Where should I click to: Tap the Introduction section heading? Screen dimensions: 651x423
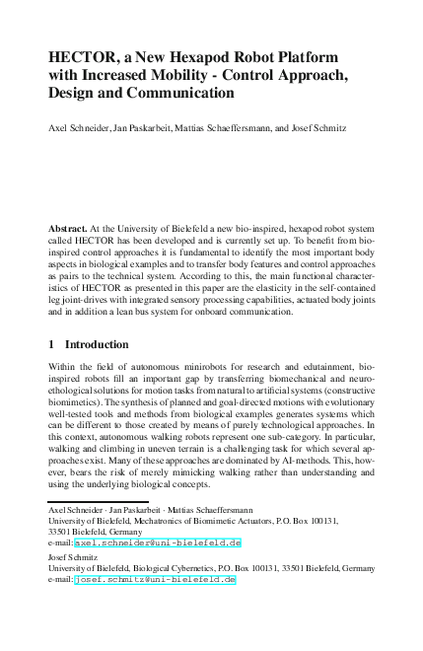coord(97,344)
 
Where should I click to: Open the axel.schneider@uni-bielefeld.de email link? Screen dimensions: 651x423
coord(158,542)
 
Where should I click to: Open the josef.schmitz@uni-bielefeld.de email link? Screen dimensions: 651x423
coord(155,580)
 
